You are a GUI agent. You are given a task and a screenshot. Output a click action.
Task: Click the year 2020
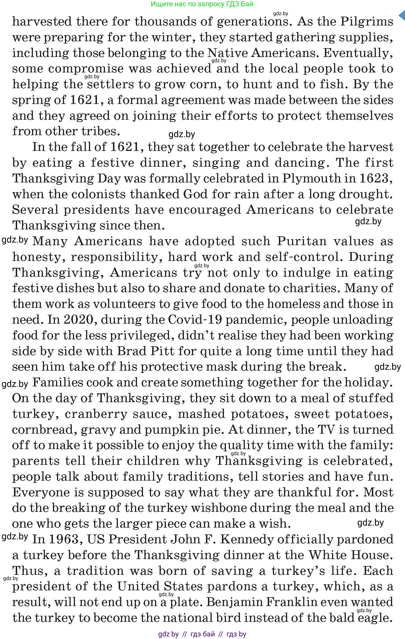click(x=79, y=320)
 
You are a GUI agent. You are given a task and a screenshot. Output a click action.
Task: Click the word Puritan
click(x=302, y=241)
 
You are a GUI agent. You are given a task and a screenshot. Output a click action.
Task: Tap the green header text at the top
click(x=202, y=4)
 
